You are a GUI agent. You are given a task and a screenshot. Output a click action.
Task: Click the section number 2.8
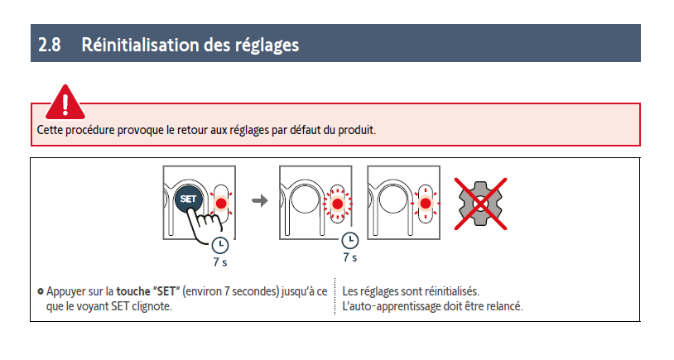point(50,45)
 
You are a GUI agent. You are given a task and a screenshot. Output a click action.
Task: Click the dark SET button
point(188,199)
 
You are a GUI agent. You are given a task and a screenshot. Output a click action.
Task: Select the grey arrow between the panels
point(260,200)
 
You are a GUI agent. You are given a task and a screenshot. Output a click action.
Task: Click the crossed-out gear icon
point(480,204)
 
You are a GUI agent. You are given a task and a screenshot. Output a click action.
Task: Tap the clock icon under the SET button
point(220,245)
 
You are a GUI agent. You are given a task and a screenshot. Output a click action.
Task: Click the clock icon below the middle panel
point(350,240)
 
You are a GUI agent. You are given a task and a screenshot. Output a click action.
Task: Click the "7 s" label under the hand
point(220,262)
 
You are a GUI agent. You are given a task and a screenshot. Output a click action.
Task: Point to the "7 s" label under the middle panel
point(350,257)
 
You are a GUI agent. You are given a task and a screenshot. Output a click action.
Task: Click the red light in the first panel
point(221,204)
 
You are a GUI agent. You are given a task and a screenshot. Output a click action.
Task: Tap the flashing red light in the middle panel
point(338,204)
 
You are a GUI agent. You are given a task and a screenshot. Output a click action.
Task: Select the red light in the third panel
point(426,204)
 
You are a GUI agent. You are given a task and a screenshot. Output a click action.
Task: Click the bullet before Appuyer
point(41,291)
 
